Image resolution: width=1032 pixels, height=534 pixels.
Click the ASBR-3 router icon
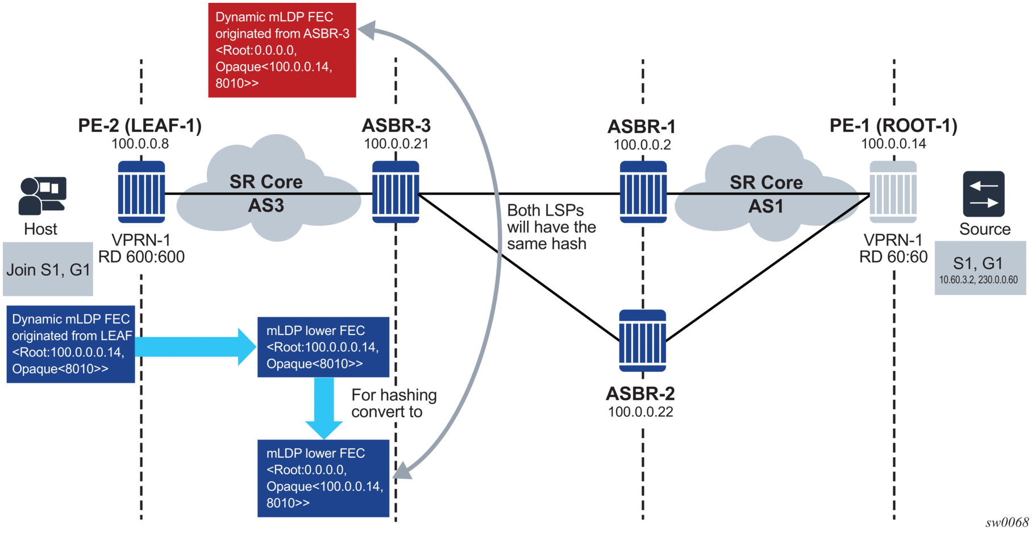(396, 192)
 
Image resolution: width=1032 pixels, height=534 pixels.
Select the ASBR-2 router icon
(642, 340)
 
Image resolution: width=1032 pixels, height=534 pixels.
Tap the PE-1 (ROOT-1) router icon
(893, 192)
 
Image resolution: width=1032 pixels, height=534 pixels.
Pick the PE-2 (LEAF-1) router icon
(142, 192)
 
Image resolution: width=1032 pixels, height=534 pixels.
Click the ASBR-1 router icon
(643, 192)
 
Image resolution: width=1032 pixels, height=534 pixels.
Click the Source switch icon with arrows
(984, 194)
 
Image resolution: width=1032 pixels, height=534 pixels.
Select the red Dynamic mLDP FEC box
(282, 50)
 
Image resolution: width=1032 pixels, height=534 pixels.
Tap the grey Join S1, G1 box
(48, 269)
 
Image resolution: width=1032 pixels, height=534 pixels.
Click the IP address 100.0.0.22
(640, 412)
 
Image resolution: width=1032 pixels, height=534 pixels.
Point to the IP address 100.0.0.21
(396, 144)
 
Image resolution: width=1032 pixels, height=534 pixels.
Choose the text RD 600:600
(142, 257)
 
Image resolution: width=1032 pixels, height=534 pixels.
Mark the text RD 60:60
(893, 257)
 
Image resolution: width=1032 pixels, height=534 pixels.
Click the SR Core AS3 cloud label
(266, 193)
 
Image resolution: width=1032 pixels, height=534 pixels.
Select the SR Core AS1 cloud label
(766, 194)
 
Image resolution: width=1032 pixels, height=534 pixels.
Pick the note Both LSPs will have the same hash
(551, 227)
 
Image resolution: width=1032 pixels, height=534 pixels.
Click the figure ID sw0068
(1007, 522)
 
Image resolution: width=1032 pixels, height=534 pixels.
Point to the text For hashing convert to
(393, 403)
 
